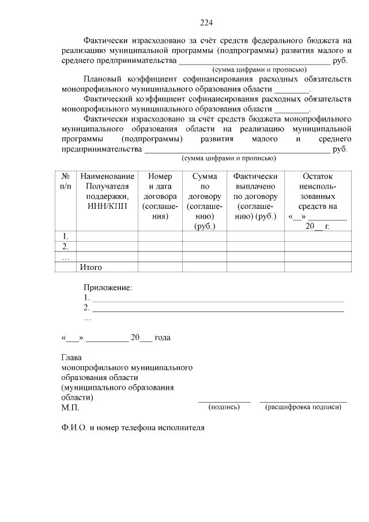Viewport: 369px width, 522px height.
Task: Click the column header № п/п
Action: point(66,181)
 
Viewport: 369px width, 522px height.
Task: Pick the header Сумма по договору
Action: point(204,201)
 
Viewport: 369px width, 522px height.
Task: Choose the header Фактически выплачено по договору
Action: point(255,196)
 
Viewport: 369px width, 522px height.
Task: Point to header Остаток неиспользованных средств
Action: point(317,201)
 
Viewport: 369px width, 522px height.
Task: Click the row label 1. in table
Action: point(66,236)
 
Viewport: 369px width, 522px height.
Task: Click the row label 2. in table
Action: point(66,246)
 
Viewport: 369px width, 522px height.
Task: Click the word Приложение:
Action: point(108,287)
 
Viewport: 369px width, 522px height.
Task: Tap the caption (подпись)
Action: point(224,407)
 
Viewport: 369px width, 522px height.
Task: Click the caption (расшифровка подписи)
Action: point(303,407)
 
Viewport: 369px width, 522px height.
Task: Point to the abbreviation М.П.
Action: point(70,408)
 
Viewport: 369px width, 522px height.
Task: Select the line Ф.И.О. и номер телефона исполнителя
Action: point(133,429)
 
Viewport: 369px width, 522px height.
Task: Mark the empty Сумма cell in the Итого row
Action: point(204,267)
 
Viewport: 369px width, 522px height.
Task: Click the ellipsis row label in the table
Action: point(66,257)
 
